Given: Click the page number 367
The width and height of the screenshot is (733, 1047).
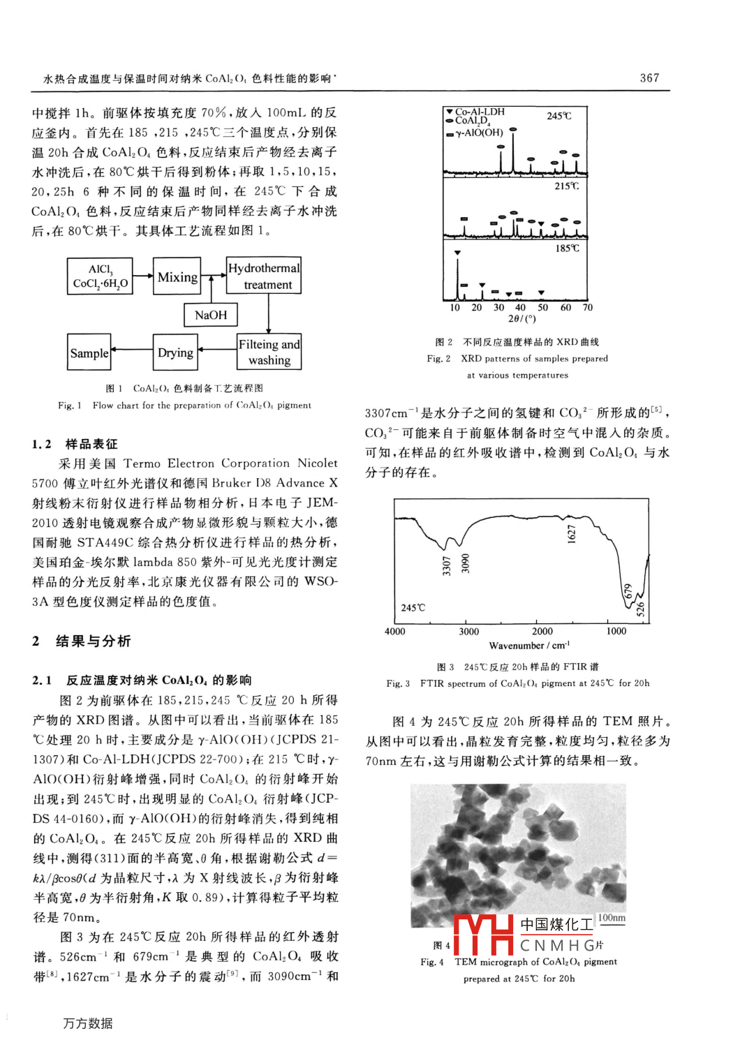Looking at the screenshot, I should coord(649,78).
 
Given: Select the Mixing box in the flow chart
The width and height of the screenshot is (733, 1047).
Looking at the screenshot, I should coord(177,277).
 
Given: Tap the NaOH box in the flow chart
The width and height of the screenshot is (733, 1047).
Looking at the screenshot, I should coord(211,315).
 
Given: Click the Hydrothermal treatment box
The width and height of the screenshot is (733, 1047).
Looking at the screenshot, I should coord(264,276).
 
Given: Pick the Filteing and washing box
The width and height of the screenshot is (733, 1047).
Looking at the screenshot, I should coord(269,352).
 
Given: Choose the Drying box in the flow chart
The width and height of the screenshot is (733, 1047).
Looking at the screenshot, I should coord(175,352).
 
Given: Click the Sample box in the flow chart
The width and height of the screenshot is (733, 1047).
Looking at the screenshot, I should coord(89,353).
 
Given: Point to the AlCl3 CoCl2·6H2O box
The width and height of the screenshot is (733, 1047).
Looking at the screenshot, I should coord(101,276).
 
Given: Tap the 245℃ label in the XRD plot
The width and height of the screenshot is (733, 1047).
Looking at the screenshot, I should coord(559,116).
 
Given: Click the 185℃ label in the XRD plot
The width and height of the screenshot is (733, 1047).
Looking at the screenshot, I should coord(567,248).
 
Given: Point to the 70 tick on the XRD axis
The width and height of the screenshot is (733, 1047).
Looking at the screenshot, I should coord(588,307).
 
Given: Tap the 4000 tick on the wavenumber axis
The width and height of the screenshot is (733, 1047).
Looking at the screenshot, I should coord(395,632).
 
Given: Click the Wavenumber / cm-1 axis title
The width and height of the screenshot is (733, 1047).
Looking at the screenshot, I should coord(529,646).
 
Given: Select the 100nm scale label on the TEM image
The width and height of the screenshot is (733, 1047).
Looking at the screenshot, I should coord(612,918).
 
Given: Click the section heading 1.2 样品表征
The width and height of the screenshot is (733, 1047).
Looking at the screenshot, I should coord(75,444).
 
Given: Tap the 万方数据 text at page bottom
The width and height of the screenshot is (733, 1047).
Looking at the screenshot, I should coord(88,1023).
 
